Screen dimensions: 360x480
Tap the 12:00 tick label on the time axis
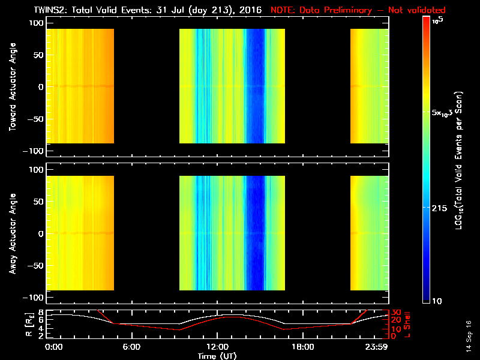pyautogui.click(x=216, y=347)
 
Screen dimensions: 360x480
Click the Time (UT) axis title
pyautogui.click(x=216, y=355)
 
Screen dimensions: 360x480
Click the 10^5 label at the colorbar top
pyautogui.click(x=439, y=20)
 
